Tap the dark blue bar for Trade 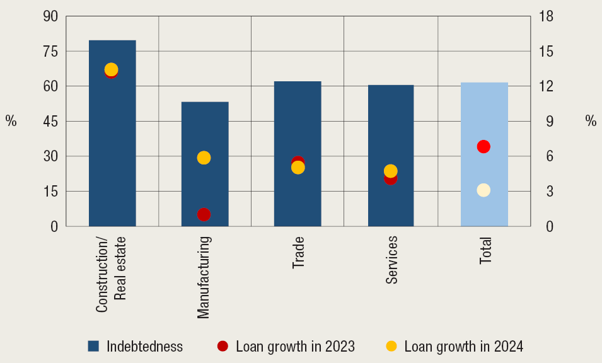298,126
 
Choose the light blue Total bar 484,113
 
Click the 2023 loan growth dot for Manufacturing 204,214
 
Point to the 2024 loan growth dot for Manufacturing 204,158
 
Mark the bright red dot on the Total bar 483,147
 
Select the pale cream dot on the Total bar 483,190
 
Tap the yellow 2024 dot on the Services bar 391,171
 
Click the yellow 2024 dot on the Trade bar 298,168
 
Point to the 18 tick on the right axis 545,16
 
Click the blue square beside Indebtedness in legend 94,346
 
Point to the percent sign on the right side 591,122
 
